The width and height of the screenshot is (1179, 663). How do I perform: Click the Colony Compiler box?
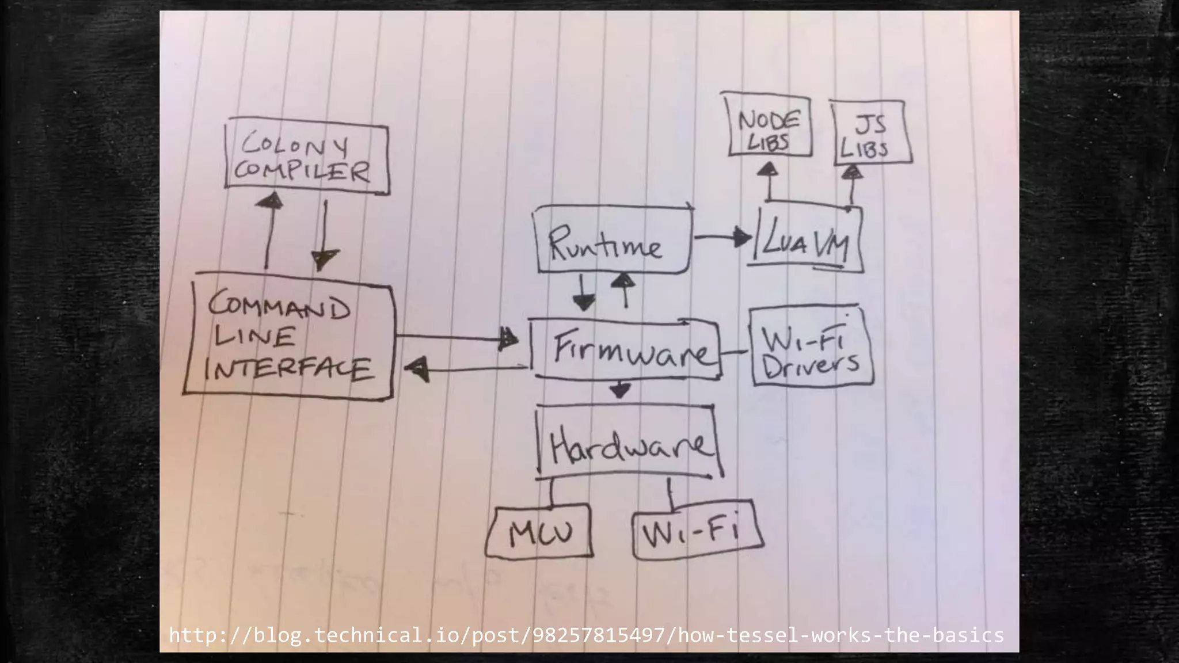click(x=307, y=157)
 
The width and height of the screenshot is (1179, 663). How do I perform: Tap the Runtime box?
click(x=614, y=240)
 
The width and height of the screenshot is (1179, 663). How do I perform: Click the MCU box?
click(x=539, y=533)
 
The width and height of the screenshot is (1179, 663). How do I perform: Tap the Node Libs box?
click(x=769, y=126)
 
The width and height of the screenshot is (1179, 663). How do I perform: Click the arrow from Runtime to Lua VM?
click(x=723, y=237)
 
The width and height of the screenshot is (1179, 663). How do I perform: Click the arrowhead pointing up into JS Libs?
click(x=853, y=172)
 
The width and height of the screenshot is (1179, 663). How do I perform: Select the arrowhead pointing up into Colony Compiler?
click(x=269, y=200)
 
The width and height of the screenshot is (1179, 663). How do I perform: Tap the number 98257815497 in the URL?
click(x=599, y=635)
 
